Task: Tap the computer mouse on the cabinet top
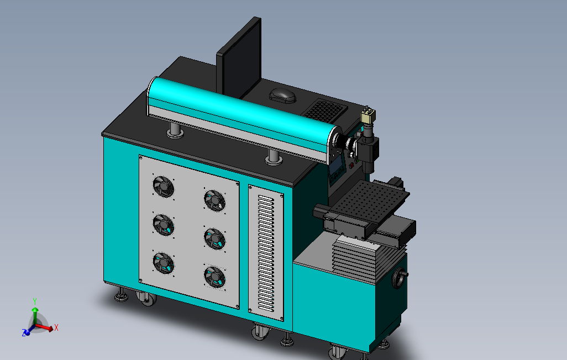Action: coord(282,96)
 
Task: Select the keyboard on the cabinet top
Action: coord(324,110)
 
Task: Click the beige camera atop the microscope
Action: coord(368,115)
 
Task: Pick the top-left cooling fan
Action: coord(164,187)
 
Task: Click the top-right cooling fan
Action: coord(215,200)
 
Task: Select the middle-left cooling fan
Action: coord(164,225)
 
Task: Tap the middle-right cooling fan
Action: coord(215,239)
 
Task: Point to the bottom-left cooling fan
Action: coord(164,263)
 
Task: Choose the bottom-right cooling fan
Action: coord(215,277)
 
